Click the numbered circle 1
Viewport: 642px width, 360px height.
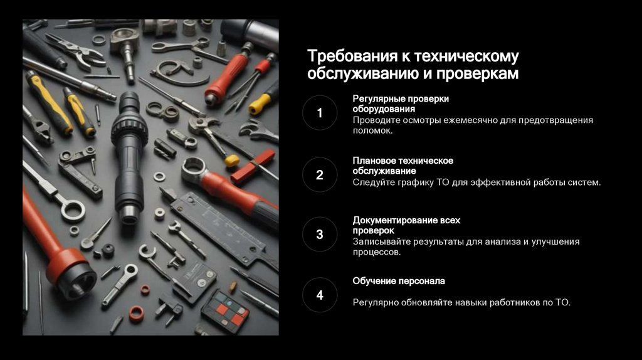click(320, 113)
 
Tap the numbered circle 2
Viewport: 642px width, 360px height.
click(320, 174)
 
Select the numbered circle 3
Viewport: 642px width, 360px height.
click(320, 235)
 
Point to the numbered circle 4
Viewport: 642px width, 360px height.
click(320, 295)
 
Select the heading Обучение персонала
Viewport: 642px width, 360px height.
click(399, 281)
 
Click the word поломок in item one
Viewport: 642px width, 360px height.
click(372, 130)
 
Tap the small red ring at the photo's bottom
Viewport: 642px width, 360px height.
click(136, 314)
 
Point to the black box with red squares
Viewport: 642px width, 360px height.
click(225, 310)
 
